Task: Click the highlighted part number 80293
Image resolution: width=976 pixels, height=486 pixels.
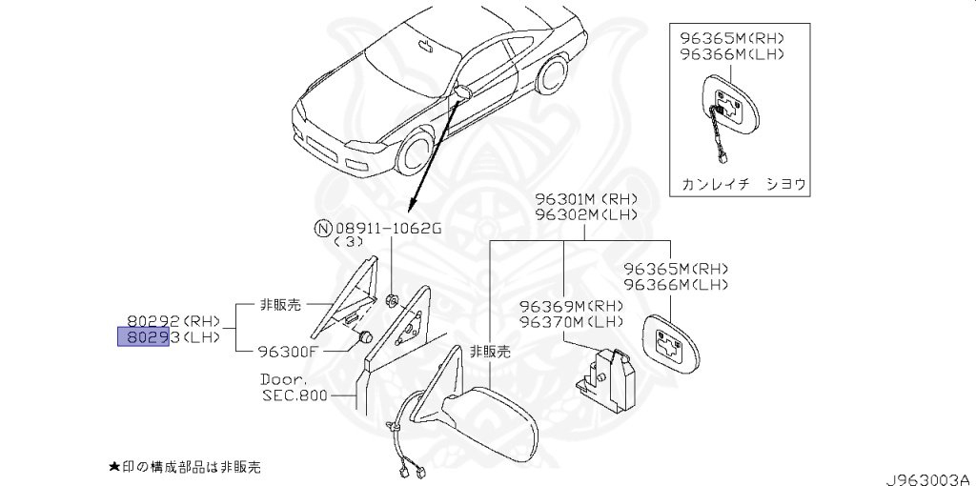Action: [x=143, y=337]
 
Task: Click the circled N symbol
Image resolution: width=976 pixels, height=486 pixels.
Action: [x=324, y=228]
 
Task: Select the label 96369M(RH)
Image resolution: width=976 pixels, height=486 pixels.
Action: [x=571, y=306]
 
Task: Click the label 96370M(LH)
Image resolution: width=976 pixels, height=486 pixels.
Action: [x=571, y=321]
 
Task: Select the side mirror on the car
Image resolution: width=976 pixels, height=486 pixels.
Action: [x=464, y=91]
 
